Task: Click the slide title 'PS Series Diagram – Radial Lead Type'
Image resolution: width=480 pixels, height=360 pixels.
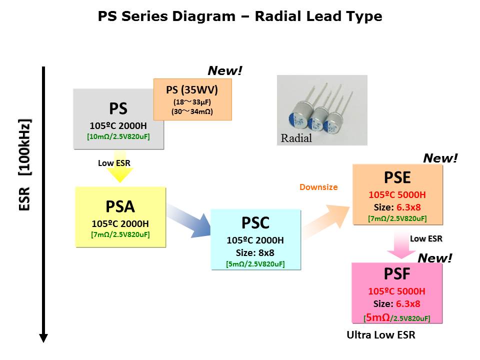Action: click(240, 16)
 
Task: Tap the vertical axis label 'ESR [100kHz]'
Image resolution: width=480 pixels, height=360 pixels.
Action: click(25, 165)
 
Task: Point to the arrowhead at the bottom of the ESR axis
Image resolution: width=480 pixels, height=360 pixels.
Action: click(43, 338)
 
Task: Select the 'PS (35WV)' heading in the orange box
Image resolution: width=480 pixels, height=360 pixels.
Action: click(192, 90)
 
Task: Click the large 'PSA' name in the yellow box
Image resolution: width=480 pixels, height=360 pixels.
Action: click(120, 206)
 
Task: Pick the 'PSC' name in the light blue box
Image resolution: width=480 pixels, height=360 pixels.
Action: click(255, 223)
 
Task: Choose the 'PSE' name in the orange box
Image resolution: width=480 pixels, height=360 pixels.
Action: click(397, 178)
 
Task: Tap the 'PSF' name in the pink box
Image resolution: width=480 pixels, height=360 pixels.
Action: click(397, 274)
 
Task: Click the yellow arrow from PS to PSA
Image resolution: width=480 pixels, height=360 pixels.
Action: click(120, 173)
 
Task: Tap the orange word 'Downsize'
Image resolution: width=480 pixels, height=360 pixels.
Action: click(318, 187)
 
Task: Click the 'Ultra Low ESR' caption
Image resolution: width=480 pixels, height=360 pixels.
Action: click(381, 335)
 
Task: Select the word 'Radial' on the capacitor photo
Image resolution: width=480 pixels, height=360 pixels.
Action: click(296, 138)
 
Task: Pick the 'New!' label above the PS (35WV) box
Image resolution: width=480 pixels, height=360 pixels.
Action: click(225, 71)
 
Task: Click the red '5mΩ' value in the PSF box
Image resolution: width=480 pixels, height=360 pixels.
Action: click(374, 317)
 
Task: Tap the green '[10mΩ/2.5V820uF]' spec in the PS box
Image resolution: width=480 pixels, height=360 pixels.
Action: click(118, 136)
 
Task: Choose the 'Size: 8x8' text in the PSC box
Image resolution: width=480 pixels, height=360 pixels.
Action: click(255, 252)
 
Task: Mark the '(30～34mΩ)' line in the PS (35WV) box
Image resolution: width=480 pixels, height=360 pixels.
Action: click(192, 111)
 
